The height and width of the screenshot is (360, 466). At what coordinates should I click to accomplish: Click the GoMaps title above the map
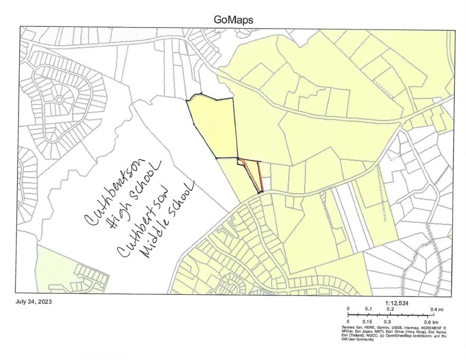(x=233, y=20)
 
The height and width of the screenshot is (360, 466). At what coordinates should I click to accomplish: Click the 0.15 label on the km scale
(x=367, y=321)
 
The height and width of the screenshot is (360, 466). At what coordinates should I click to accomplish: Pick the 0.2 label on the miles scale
(x=389, y=309)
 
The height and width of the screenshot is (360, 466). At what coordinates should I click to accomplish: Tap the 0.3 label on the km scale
(x=388, y=321)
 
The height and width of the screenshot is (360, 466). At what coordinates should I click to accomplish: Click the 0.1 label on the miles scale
(x=368, y=309)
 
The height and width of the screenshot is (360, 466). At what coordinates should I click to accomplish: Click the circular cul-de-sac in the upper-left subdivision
(x=59, y=99)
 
